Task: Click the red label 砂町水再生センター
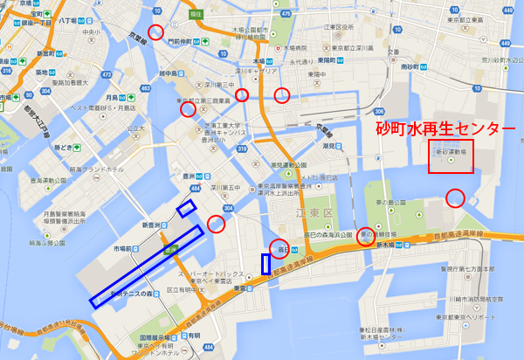439,128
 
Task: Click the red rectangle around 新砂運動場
451,156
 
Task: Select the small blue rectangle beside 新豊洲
186,208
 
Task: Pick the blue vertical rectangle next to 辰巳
265,264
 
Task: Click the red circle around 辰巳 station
279,249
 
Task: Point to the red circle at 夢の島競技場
368,236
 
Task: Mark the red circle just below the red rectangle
455,197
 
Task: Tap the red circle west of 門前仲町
155,32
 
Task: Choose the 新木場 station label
384,246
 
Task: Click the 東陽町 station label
330,60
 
